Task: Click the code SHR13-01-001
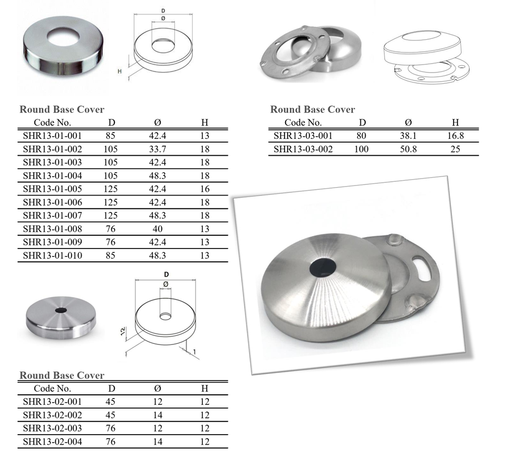[52, 136]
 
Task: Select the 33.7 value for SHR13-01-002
[157, 149]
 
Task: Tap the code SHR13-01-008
[52, 229]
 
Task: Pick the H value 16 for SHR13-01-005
[205, 189]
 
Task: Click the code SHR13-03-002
[303, 149]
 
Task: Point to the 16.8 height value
[455, 136]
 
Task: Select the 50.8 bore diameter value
[408, 149]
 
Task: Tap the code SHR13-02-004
[52, 441]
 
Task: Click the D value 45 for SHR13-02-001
[111, 402]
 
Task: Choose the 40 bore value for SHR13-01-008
[157, 229]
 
